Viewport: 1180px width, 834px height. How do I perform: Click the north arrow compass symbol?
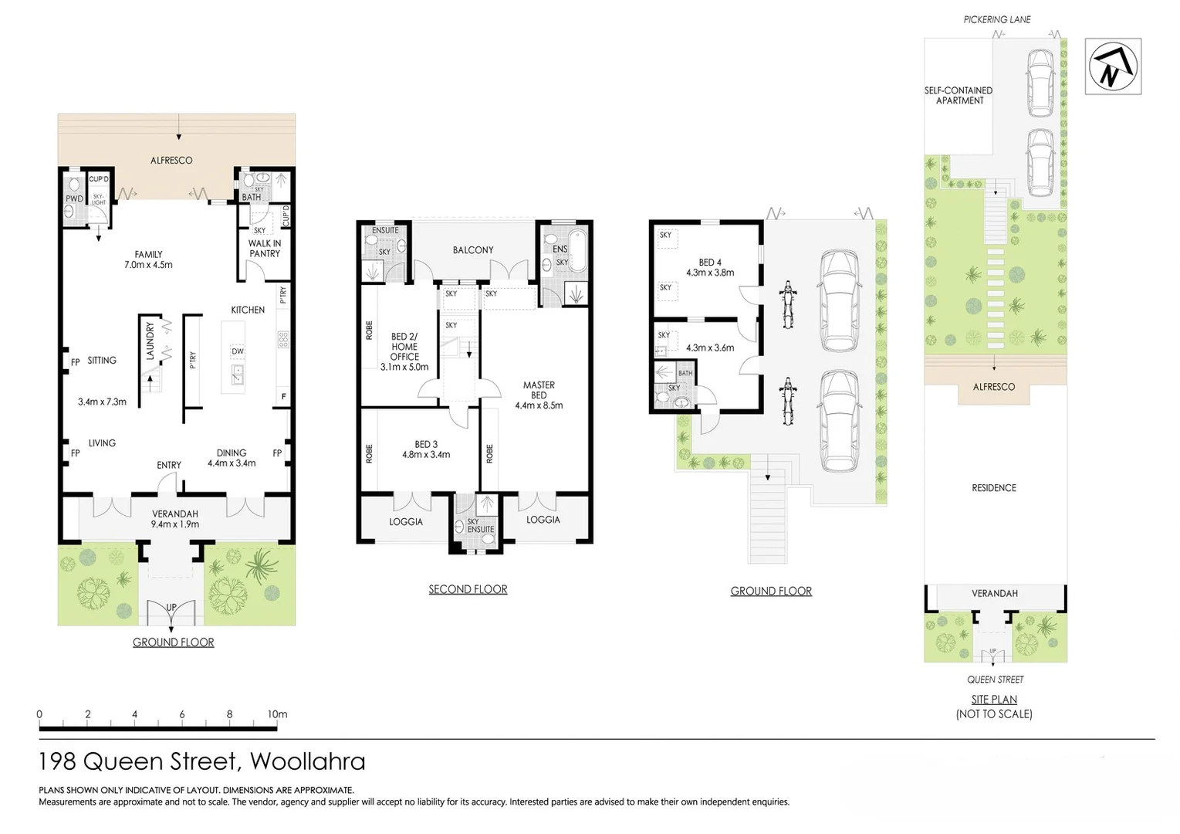[1112, 66]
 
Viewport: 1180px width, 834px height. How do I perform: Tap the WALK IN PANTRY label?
[264, 249]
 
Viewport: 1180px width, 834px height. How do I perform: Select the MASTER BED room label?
[539, 395]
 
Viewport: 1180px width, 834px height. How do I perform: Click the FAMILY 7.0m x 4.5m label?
[148, 259]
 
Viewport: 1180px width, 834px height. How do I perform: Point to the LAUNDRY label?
[150, 341]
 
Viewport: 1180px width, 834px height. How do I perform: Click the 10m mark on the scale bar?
[277, 714]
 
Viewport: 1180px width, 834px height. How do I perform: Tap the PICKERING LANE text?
[996, 19]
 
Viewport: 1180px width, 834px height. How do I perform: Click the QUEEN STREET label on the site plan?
[995, 680]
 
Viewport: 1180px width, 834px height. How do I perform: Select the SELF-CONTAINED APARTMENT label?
[959, 96]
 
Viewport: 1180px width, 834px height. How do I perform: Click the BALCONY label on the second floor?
[472, 250]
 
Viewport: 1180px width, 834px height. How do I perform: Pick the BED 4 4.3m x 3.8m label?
[710, 267]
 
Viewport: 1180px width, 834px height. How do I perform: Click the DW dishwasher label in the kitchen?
[238, 351]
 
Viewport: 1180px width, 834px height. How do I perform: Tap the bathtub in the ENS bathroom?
[576, 252]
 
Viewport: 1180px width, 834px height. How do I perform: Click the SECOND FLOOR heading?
[468, 589]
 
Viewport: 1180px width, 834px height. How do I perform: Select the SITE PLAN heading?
[994, 700]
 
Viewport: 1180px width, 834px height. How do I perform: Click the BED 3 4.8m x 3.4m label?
[426, 449]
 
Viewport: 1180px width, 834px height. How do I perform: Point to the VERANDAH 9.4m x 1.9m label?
[175, 519]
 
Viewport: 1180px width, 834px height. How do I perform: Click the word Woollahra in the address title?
[307, 761]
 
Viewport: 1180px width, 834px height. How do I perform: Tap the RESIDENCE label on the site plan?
[994, 488]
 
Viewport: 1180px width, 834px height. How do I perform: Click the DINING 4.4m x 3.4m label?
[232, 458]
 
